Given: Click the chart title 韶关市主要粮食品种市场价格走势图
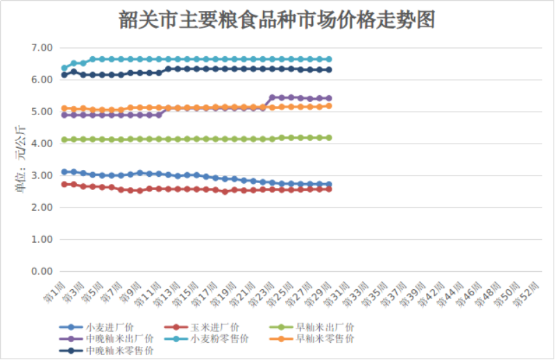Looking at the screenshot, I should [x=277, y=20].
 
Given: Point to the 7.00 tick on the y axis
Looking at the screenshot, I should [x=42, y=48].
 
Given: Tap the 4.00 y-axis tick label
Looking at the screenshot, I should [x=42, y=144].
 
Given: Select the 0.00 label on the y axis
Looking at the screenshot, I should [x=42, y=271].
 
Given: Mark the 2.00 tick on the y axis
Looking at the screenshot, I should [x=42, y=207].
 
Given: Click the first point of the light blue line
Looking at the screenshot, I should [x=65, y=68].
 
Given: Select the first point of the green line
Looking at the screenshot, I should [x=65, y=139].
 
